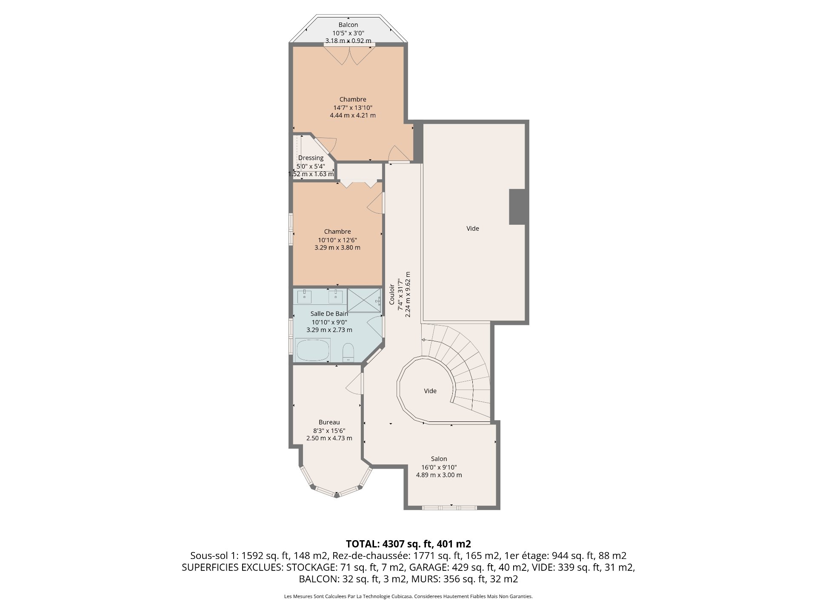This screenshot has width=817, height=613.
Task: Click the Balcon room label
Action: (348, 25)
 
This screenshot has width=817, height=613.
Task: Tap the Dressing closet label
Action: (311, 158)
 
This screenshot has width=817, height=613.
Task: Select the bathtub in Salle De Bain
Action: (313, 350)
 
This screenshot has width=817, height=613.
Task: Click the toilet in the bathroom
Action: (349, 352)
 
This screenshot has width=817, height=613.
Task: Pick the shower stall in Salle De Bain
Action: (364, 301)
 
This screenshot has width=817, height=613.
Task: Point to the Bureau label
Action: (329, 422)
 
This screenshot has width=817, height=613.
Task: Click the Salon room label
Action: (439, 459)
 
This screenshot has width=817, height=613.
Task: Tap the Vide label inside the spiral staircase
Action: (430, 391)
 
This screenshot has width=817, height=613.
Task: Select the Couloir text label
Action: (392, 294)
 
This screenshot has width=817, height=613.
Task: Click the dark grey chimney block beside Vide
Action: (517, 206)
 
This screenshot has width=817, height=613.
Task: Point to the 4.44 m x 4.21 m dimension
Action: (353, 115)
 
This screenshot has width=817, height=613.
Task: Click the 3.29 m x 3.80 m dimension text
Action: (337, 247)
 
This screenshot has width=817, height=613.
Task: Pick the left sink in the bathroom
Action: (304, 296)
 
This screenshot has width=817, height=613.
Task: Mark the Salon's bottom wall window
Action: (449, 507)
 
